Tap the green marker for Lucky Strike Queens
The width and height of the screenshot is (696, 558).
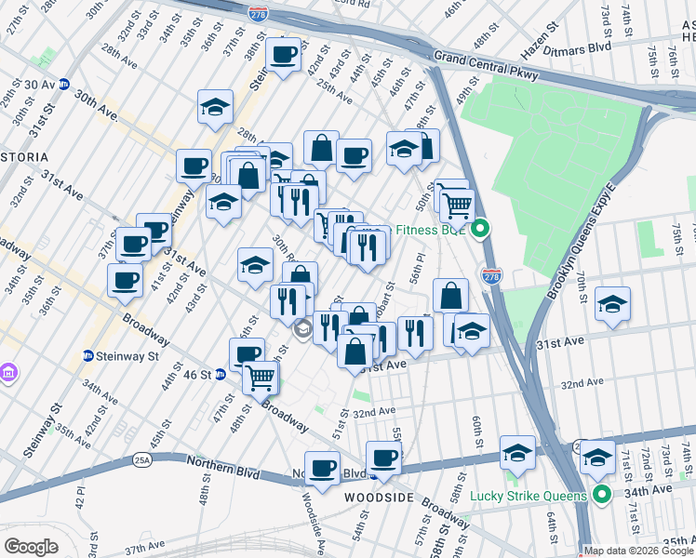click(x=601, y=496)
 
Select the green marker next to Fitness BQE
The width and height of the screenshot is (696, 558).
click(x=481, y=230)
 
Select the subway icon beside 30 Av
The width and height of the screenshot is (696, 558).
click(x=64, y=84)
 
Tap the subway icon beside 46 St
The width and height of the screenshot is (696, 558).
click(x=221, y=374)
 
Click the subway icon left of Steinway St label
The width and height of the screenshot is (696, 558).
click(x=87, y=354)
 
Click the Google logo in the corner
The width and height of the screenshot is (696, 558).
click(x=31, y=546)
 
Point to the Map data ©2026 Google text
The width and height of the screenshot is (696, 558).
click(x=638, y=551)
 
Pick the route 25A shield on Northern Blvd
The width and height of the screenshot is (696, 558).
click(x=142, y=458)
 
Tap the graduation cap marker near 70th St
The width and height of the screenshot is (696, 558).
click(x=612, y=306)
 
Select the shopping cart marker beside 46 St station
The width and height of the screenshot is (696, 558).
click(x=261, y=377)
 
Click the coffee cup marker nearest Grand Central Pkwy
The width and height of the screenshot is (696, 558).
click(x=283, y=54)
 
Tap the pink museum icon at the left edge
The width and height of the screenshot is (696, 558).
click(x=9, y=373)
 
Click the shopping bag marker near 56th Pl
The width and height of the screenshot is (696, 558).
click(x=450, y=295)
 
